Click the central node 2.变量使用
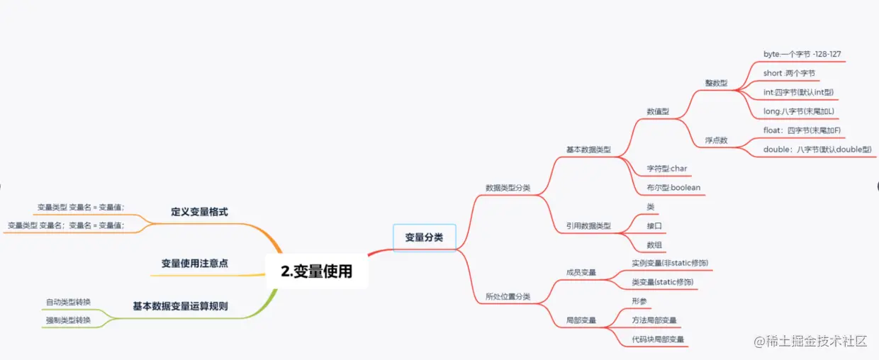[316, 271]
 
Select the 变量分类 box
[424, 237]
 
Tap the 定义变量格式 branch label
[199, 211]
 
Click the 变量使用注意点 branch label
[194, 263]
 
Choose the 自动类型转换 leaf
[68, 302]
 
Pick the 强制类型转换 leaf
[68, 320]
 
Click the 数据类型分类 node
[508, 188]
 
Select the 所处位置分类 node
[508, 296]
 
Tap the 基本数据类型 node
[588, 150]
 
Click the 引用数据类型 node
[588, 226]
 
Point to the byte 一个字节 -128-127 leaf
[802, 54]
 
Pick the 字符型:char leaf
[667, 169]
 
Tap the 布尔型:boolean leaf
[673, 188]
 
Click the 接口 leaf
[654, 226]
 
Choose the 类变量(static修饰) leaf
[663, 282]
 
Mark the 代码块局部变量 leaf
[658, 339]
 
